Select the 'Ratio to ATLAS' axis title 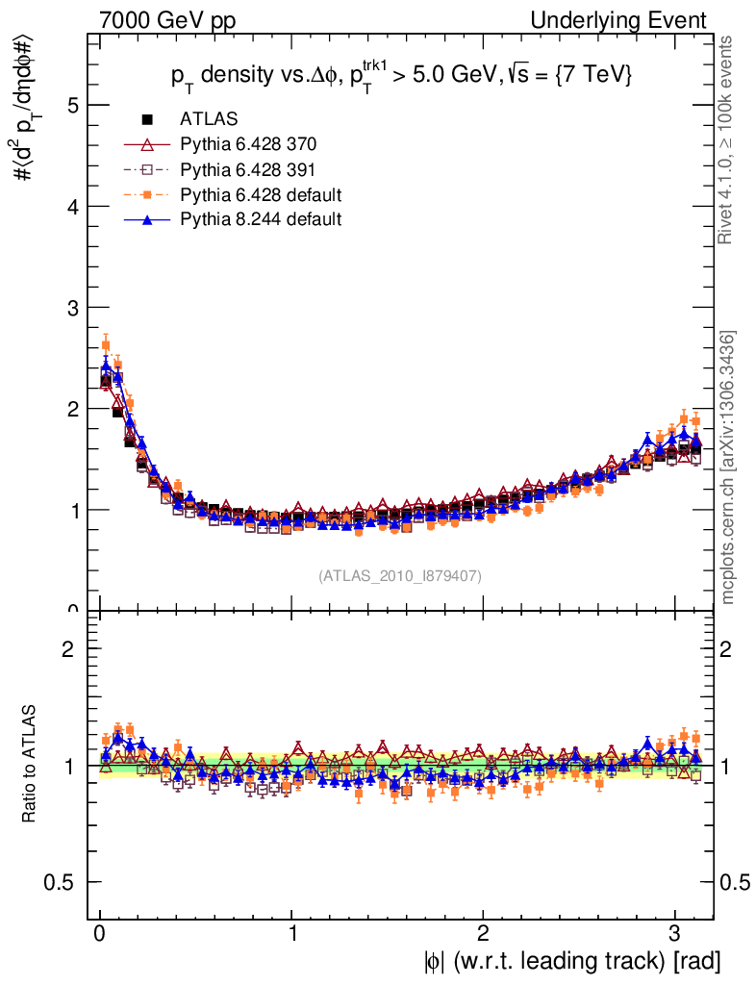coord(30,766)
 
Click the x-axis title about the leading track coord(571,960)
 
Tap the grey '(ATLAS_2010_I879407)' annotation coord(399,575)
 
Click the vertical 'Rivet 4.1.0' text coord(728,139)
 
